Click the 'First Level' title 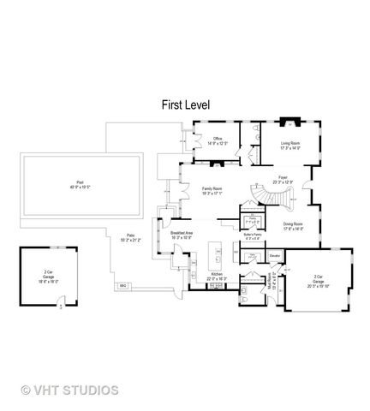pos(186,104)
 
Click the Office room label pos(218,142)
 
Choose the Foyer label pos(283,181)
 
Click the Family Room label pos(212,191)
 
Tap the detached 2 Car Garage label pos(48,277)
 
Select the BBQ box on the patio pos(123,284)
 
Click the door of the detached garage pos(60,301)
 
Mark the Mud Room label pos(272,283)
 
